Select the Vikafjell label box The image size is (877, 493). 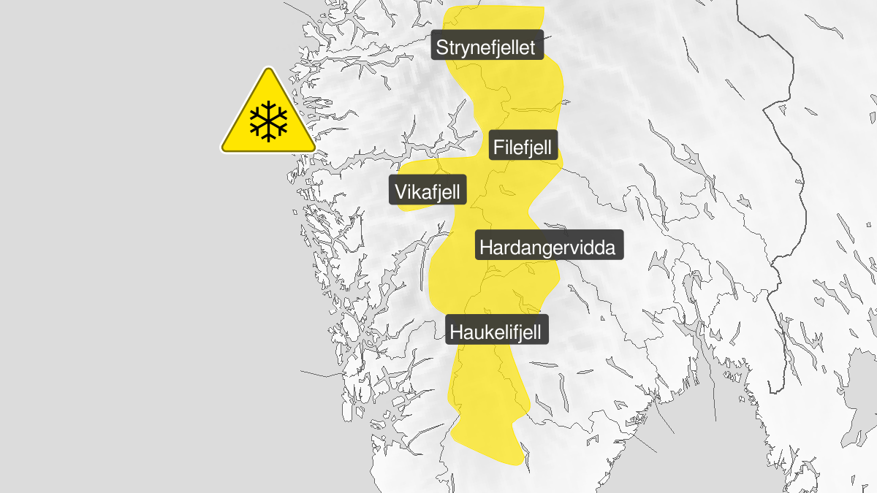click(x=428, y=192)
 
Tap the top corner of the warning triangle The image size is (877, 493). click(x=268, y=70)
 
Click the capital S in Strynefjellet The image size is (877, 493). click(x=442, y=48)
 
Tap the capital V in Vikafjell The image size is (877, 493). click(x=400, y=192)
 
